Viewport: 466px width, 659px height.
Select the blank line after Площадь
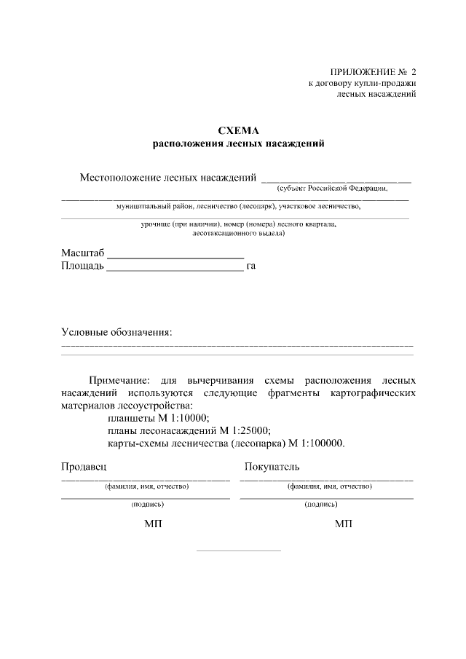175,270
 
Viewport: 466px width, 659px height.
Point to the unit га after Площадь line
251,267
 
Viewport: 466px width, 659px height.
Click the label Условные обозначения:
116,332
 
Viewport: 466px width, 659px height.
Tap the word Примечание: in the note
119,380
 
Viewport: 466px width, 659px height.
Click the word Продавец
84,466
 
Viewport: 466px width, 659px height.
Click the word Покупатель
272,466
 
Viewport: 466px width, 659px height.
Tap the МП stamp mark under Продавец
152,524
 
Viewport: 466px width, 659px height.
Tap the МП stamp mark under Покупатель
343,524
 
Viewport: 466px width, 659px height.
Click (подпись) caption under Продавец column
147,504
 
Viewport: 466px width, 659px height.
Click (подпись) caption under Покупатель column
321,504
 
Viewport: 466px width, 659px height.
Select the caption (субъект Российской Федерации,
332,188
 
